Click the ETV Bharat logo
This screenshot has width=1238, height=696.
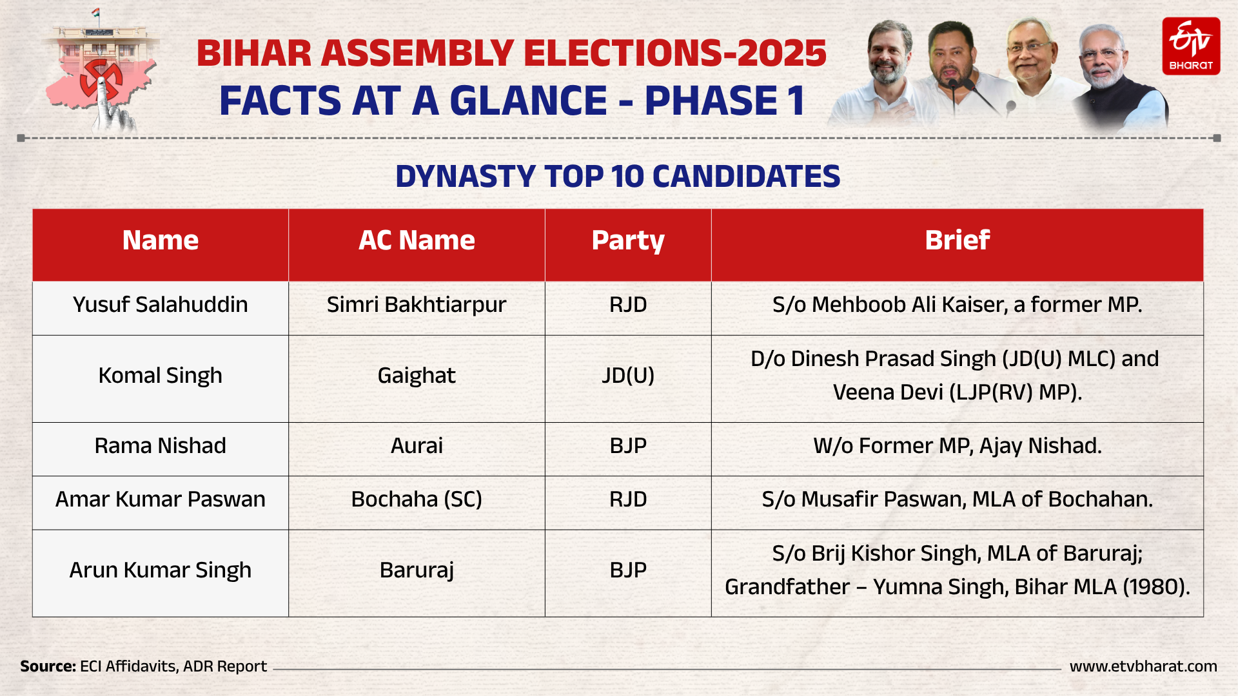(1191, 46)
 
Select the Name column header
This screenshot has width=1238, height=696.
(161, 240)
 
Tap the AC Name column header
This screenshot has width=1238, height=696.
(417, 240)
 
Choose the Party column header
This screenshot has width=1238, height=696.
(628, 240)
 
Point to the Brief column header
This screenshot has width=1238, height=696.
(957, 240)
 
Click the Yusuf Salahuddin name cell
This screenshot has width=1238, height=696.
(161, 304)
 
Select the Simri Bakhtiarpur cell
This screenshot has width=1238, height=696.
(417, 304)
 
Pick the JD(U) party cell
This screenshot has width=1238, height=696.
(628, 375)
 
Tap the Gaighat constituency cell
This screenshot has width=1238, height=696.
(417, 375)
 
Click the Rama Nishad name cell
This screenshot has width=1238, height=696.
(161, 445)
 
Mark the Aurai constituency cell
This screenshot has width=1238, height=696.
(417, 445)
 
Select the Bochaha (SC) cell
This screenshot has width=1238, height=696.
(417, 499)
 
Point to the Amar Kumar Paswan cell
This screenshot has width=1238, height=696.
(161, 499)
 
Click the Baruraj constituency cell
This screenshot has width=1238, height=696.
(417, 570)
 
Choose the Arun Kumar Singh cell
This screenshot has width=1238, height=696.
(161, 570)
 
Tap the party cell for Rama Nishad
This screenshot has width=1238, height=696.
(628, 445)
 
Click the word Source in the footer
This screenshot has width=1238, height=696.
(48, 666)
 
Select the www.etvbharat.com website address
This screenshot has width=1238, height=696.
(1143, 666)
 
